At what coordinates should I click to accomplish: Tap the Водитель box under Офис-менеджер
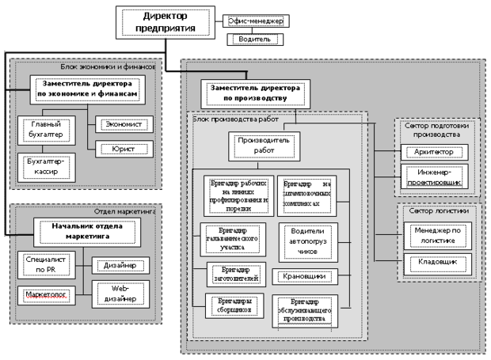(x=253, y=38)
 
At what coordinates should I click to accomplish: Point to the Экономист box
(x=119, y=124)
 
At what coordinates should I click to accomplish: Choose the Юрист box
(x=119, y=147)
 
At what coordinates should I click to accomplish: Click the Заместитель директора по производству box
(x=254, y=93)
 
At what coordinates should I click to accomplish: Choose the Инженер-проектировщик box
(x=435, y=176)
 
